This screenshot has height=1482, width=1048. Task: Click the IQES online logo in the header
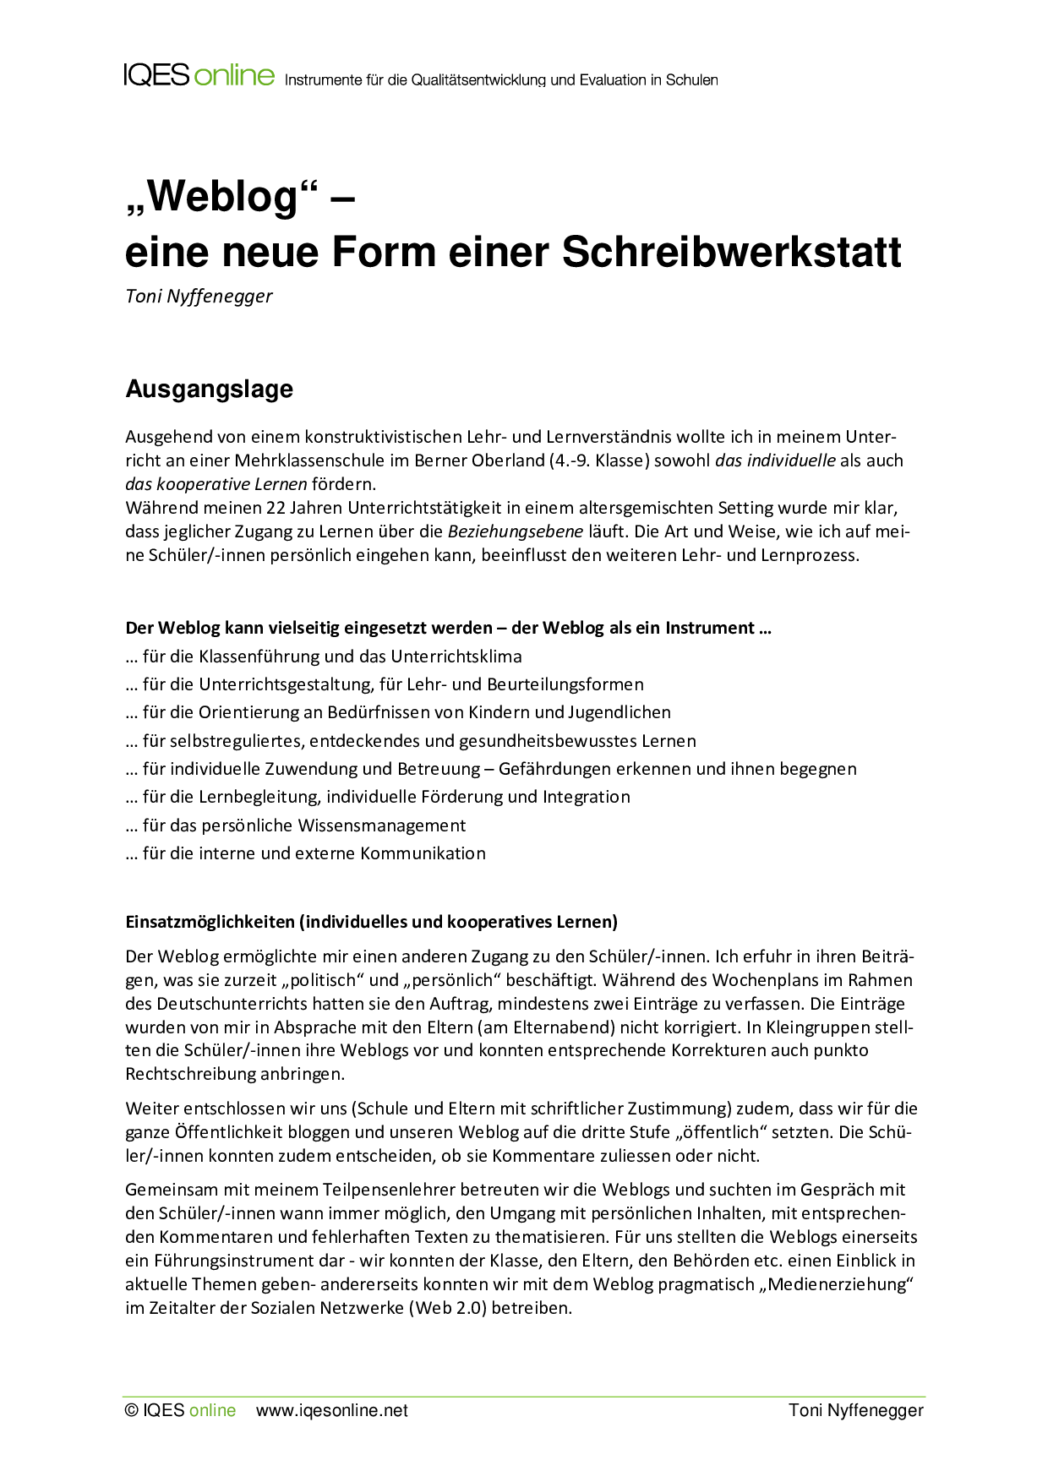(199, 75)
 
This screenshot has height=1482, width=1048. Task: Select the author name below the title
(199, 296)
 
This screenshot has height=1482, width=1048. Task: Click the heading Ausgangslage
(209, 389)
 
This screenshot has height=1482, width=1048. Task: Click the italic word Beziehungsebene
(515, 531)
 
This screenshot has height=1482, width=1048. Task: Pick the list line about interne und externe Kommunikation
(305, 853)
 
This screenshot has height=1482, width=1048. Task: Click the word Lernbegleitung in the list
(259, 797)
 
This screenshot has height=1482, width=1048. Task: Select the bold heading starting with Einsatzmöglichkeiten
(371, 922)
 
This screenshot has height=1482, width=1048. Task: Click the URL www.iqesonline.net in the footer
(331, 1410)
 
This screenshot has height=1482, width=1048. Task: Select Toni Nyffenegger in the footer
(855, 1410)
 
